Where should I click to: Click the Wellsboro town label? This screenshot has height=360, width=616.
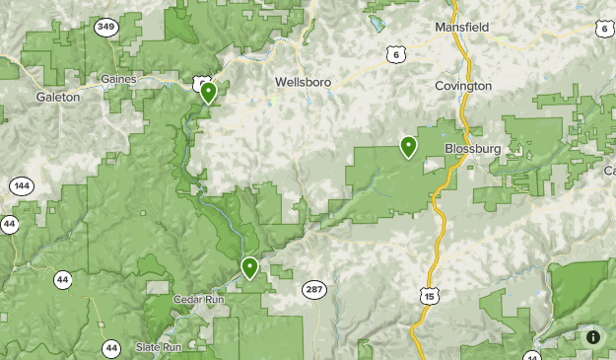[x=303, y=81]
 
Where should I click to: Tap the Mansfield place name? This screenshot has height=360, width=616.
[x=462, y=28]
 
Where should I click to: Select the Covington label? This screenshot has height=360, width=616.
[x=462, y=86]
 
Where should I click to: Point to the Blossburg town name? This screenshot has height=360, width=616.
[x=473, y=148]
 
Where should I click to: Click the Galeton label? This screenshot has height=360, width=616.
[x=57, y=97]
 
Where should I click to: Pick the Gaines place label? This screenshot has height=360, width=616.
[x=118, y=78]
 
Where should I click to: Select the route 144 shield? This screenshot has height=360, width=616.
[x=22, y=185]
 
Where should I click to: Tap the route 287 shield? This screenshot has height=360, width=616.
[x=313, y=288]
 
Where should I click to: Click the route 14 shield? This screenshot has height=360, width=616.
[x=532, y=356]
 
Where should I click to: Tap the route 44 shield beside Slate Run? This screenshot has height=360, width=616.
[x=111, y=347]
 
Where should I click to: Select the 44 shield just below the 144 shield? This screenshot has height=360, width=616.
[x=9, y=224]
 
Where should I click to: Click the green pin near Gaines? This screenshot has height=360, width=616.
[x=208, y=93]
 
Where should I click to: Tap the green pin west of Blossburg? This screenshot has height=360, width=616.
[x=408, y=146]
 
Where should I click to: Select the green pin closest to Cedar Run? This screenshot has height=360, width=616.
[x=249, y=266]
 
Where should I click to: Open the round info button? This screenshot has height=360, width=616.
[x=593, y=337]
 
